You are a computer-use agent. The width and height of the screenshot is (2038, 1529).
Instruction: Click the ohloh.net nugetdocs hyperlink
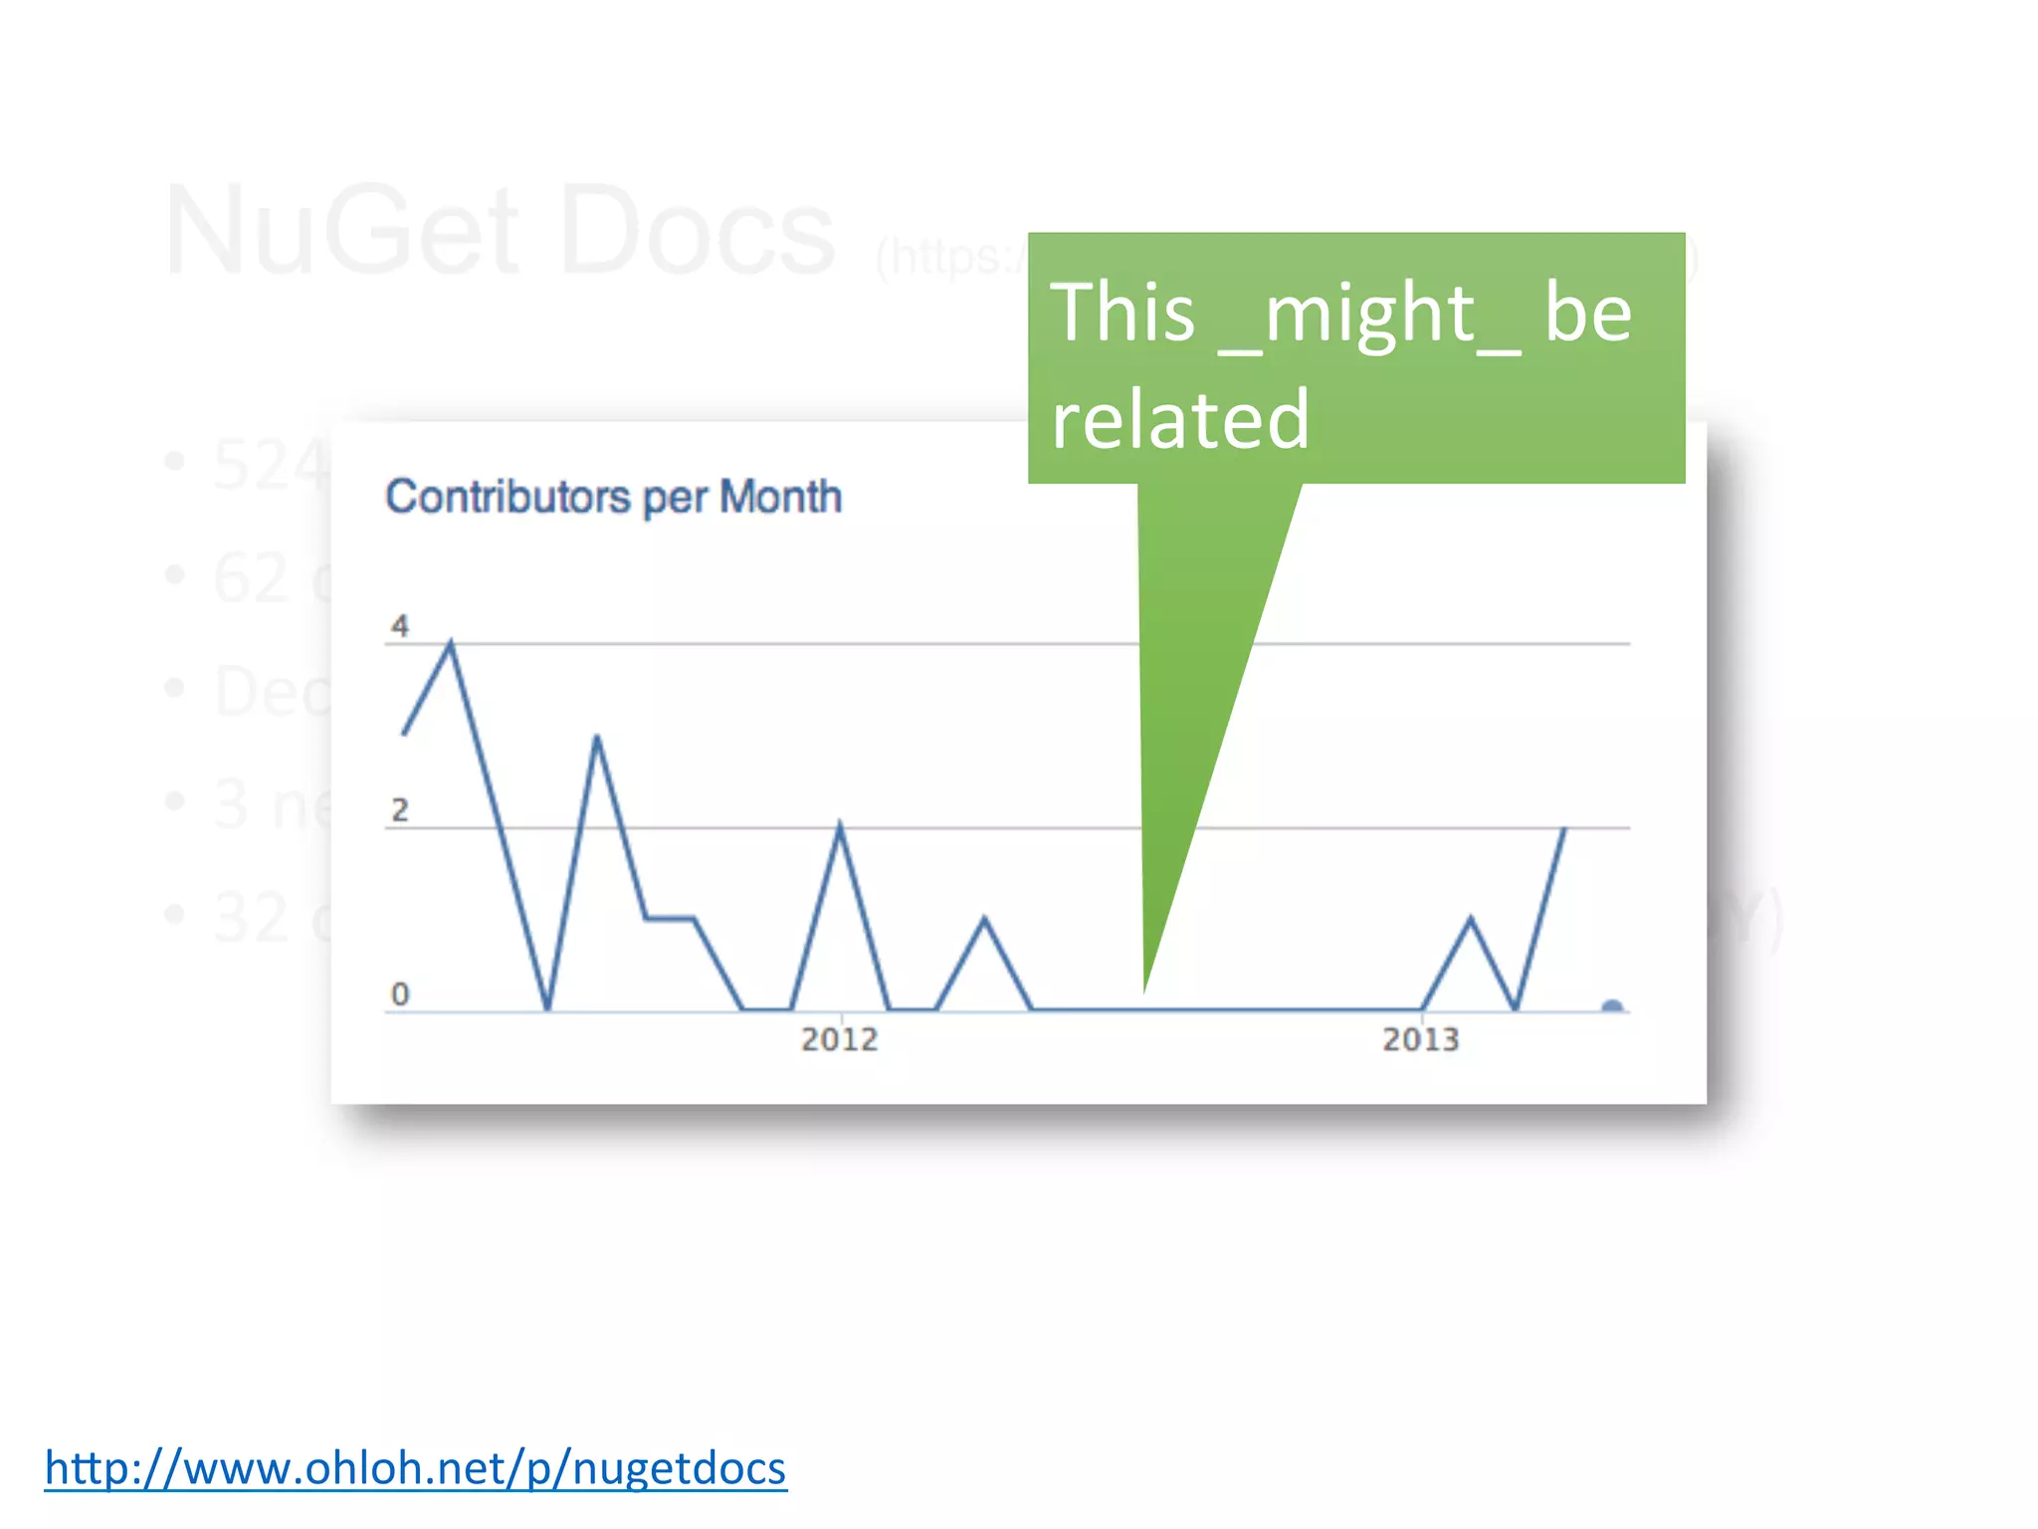pyautogui.click(x=416, y=1469)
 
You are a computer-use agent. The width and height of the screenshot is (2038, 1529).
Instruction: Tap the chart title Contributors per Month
pyautogui.click(x=613, y=497)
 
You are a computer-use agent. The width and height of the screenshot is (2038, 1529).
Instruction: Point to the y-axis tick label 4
pyautogui.click(x=400, y=626)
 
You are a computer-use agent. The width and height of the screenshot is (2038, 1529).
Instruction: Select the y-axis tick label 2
pyautogui.click(x=400, y=810)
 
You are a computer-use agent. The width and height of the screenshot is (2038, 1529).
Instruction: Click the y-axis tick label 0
pyautogui.click(x=400, y=993)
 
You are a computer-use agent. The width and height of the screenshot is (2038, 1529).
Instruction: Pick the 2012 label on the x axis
pyautogui.click(x=840, y=1039)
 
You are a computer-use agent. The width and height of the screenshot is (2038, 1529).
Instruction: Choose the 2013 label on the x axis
pyautogui.click(x=1421, y=1039)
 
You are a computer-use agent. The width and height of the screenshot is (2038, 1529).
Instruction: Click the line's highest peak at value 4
pyautogui.click(x=451, y=643)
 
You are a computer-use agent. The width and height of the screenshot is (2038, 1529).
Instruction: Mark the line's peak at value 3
pyautogui.click(x=596, y=737)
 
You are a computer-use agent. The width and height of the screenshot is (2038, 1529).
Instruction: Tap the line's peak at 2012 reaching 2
pyautogui.click(x=840, y=825)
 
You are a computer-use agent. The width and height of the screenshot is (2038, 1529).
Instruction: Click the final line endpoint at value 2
pyautogui.click(x=1565, y=827)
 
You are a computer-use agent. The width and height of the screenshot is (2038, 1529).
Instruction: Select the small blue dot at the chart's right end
pyautogui.click(x=1612, y=1006)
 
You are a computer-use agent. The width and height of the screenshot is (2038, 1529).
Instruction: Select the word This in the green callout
pyautogui.click(x=1122, y=313)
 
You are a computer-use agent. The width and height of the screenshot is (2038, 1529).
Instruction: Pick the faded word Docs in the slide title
pyautogui.click(x=697, y=231)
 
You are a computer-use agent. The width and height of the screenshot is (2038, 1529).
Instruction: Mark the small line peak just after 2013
pyautogui.click(x=1471, y=918)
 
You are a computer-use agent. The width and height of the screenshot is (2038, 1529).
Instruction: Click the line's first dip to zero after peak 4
pyautogui.click(x=547, y=1009)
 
